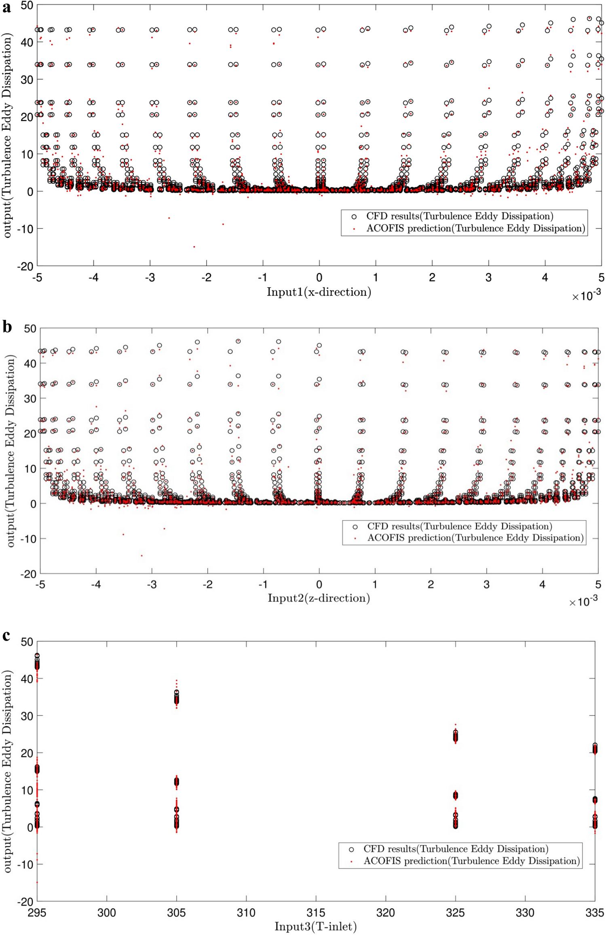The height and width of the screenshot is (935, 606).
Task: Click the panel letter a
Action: pyautogui.click(x=6, y=8)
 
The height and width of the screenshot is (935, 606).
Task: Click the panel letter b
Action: pyautogui.click(x=6, y=326)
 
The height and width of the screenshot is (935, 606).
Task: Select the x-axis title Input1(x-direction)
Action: pyautogui.click(x=319, y=292)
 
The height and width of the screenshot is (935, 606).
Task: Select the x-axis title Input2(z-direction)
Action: pyautogui.click(x=319, y=598)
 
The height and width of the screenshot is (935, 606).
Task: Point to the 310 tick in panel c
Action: pyautogui.click(x=246, y=913)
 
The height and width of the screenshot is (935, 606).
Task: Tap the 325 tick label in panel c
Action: pyautogui.click(x=455, y=913)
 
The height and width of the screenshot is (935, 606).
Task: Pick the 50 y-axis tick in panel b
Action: pyautogui.click(x=30, y=329)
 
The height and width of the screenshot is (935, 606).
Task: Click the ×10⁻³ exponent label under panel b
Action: pyautogui.click(x=583, y=602)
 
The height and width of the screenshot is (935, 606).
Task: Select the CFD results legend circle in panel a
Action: pyautogui.click(x=354, y=217)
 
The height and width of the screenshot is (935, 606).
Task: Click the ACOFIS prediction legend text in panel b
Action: pyautogui.click(x=475, y=538)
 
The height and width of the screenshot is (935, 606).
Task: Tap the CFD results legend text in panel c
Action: pyautogui.click(x=456, y=849)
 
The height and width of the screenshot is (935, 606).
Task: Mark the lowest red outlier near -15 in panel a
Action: pyautogui.click(x=194, y=247)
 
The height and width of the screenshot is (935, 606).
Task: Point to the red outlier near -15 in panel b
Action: pyautogui.click(x=141, y=556)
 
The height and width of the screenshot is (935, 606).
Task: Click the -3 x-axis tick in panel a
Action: pyautogui.click(x=150, y=277)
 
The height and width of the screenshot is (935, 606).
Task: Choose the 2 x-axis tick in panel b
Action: pyautogui.click(x=431, y=584)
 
